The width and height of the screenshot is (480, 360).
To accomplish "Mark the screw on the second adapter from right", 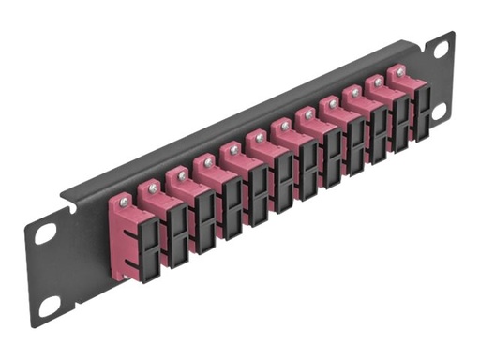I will (x=378, y=82).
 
